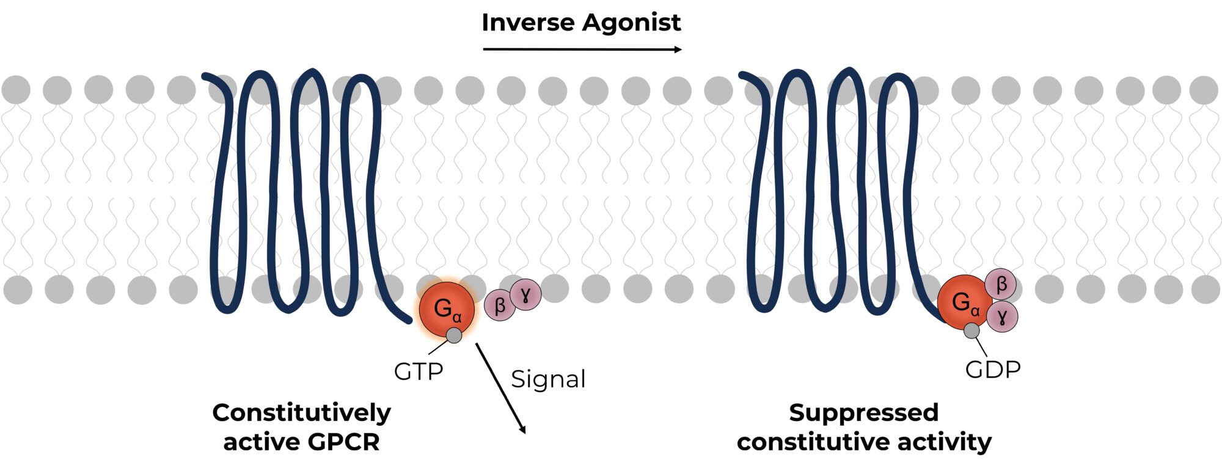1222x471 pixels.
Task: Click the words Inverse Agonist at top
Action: click(x=581, y=23)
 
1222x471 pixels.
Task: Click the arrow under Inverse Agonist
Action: click(x=581, y=49)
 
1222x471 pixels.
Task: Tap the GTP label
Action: click(x=419, y=371)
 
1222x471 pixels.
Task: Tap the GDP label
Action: click(x=993, y=370)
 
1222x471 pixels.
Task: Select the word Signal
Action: click(x=548, y=379)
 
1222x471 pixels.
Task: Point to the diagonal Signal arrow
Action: click(x=501, y=389)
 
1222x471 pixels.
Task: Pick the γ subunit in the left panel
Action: click(x=525, y=294)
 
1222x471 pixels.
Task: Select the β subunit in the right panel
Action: click(x=1001, y=284)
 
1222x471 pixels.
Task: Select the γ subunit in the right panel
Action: click(x=1002, y=316)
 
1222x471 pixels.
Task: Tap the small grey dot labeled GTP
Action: click(x=454, y=335)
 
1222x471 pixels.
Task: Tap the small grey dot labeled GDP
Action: click(x=971, y=331)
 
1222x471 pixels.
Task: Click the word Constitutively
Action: click(x=301, y=413)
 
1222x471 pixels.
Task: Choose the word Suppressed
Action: click(x=863, y=413)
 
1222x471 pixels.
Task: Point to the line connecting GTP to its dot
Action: click(x=438, y=347)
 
